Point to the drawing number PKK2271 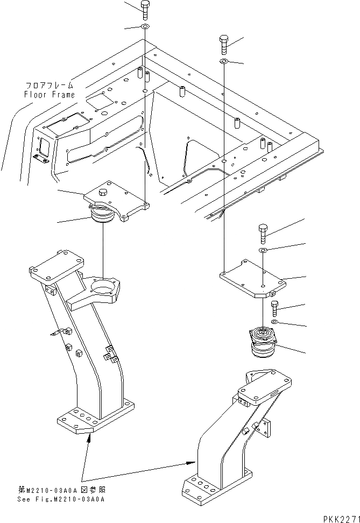tap(341, 518)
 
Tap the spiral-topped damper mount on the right tap(262, 343)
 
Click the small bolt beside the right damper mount tap(275, 309)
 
